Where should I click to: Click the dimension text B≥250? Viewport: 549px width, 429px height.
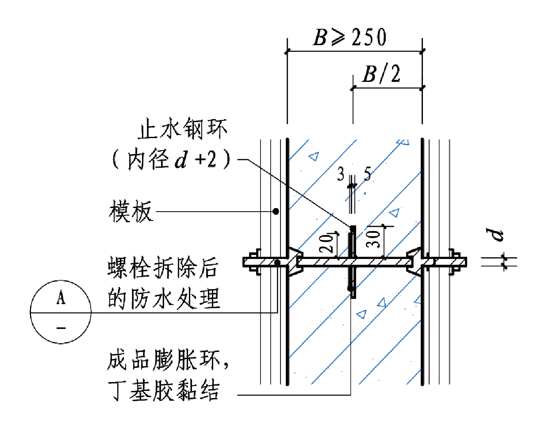pyautogui.click(x=349, y=37)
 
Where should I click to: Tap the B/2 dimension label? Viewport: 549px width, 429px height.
pyautogui.click(x=381, y=74)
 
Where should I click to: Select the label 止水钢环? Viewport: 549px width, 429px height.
pyautogui.click(x=182, y=129)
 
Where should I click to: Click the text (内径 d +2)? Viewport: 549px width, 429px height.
pyautogui.click(x=171, y=159)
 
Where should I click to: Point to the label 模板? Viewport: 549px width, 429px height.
pyautogui.click(x=131, y=211)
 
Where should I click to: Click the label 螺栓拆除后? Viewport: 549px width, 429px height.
pyautogui.click(x=163, y=268)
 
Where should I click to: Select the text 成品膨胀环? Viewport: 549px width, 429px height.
pyautogui.click(x=168, y=359)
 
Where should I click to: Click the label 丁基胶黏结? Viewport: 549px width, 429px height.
pyautogui.click(x=164, y=390)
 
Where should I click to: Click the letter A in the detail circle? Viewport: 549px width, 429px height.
pyautogui.click(x=61, y=298)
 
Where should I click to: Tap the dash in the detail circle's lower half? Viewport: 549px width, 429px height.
pyautogui.click(x=61, y=328)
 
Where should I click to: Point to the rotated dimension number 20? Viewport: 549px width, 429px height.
pyautogui.click(x=327, y=243)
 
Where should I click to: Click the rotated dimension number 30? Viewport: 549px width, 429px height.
pyautogui.click(x=374, y=238)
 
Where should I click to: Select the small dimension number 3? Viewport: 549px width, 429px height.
pyautogui.click(x=341, y=174)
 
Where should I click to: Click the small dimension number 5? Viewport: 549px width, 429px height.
pyautogui.click(x=367, y=174)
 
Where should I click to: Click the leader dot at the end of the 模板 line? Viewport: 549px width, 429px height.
pyautogui.click(x=276, y=211)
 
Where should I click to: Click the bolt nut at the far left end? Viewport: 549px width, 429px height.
pyautogui.click(x=253, y=263)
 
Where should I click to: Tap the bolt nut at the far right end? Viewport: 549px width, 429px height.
pyautogui.click(x=455, y=263)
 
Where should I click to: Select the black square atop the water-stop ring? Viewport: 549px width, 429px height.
pyautogui.click(x=353, y=228)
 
